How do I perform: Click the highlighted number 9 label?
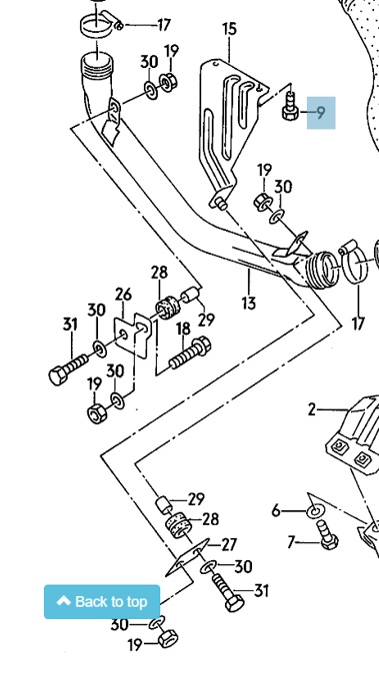click(x=321, y=113)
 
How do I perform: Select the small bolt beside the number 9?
click(x=290, y=107)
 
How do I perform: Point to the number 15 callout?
click(x=229, y=29)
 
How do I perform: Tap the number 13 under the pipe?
click(x=249, y=303)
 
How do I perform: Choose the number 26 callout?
click(x=123, y=294)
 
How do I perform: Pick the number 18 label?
click(x=183, y=329)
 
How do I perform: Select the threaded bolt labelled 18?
click(x=190, y=352)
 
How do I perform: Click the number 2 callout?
click(x=311, y=409)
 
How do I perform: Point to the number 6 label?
click(x=275, y=511)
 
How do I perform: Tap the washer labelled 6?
click(x=314, y=511)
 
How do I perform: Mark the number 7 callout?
click(x=292, y=542)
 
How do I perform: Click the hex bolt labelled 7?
click(x=327, y=534)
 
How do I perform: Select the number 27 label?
click(x=229, y=544)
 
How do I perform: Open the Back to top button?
click(x=102, y=602)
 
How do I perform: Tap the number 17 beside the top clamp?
click(x=164, y=25)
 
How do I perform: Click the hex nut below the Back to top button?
click(x=168, y=638)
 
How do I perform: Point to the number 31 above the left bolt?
click(x=70, y=324)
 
